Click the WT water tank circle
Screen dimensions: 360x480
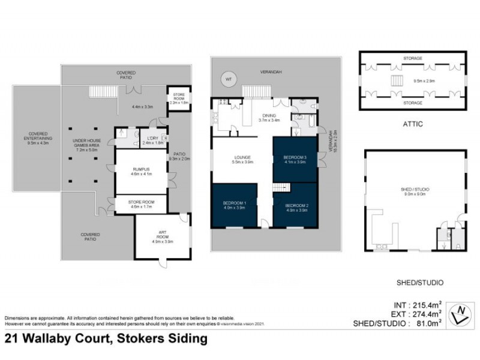[x=228, y=79]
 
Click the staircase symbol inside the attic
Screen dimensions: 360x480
[x=397, y=80]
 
